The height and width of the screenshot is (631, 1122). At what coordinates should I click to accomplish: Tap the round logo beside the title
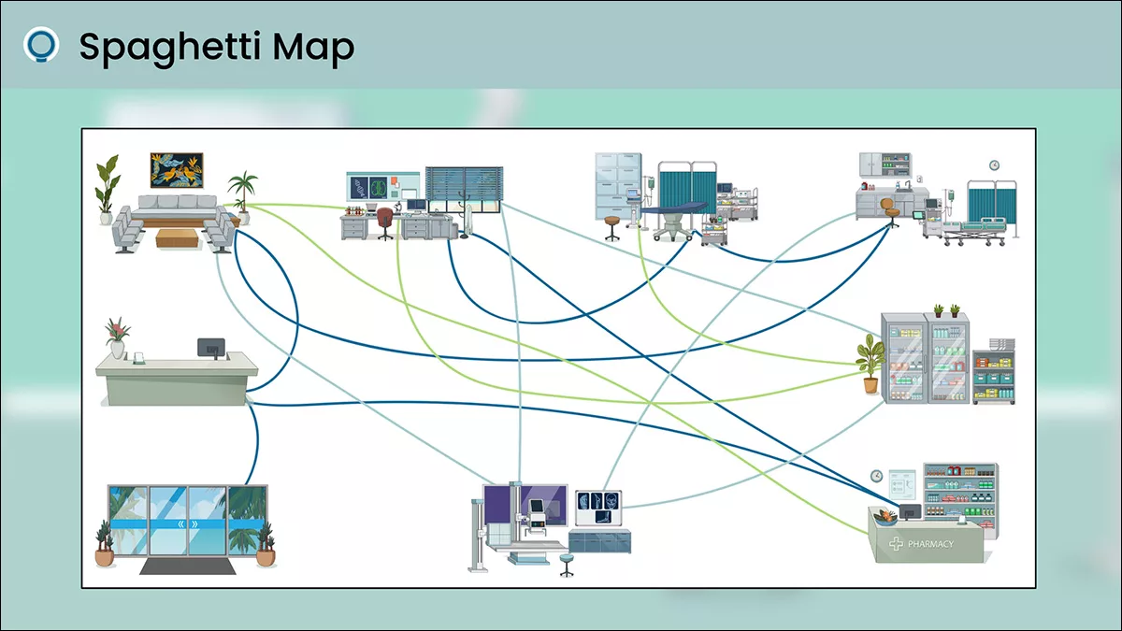[41, 44]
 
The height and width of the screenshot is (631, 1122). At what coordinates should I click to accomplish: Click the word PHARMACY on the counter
[930, 543]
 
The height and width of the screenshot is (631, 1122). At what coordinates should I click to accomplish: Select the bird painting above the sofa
[177, 170]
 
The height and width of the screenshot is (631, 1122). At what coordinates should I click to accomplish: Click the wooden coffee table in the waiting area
[177, 237]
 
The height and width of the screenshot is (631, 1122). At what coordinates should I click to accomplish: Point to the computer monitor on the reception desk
[211, 348]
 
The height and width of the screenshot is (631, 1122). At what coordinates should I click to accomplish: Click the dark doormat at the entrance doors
[187, 566]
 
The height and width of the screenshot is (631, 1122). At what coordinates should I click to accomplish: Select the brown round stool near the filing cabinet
[612, 225]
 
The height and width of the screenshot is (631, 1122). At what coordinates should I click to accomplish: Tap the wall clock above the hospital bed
[994, 165]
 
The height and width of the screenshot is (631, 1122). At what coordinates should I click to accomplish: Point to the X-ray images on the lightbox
[597, 507]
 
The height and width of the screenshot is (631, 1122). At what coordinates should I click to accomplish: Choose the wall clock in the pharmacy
[876, 476]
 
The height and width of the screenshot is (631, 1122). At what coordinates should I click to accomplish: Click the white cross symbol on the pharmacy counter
[896, 543]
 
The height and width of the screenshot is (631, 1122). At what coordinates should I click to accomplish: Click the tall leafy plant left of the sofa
[108, 184]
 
